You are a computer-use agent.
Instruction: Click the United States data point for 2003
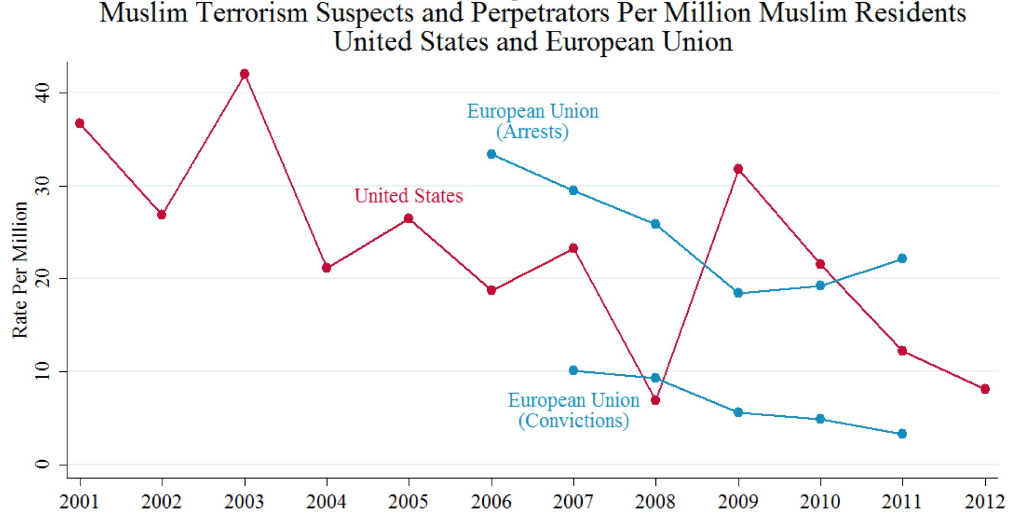click(244, 74)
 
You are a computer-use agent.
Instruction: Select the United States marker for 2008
click(655, 400)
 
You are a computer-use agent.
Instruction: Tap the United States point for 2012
click(985, 389)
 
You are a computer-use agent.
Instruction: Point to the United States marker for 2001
click(80, 123)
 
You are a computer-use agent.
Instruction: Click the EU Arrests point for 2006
click(491, 154)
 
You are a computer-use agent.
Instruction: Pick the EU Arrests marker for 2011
click(902, 259)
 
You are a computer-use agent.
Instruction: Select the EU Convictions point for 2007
click(573, 371)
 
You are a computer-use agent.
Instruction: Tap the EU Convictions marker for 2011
click(902, 434)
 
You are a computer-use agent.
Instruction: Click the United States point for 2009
click(738, 169)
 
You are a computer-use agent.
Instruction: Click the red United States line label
click(409, 196)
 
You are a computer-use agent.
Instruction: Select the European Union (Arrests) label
click(532, 121)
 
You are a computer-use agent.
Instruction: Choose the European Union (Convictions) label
click(573, 410)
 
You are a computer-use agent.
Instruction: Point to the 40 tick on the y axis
click(43, 92)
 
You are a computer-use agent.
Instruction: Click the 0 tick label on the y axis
click(43, 465)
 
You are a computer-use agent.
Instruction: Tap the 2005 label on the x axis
click(408, 502)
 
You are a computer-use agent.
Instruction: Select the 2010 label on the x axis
click(820, 502)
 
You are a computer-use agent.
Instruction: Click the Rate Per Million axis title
click(20, 270)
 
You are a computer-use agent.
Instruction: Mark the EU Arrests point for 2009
click(738, 293)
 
